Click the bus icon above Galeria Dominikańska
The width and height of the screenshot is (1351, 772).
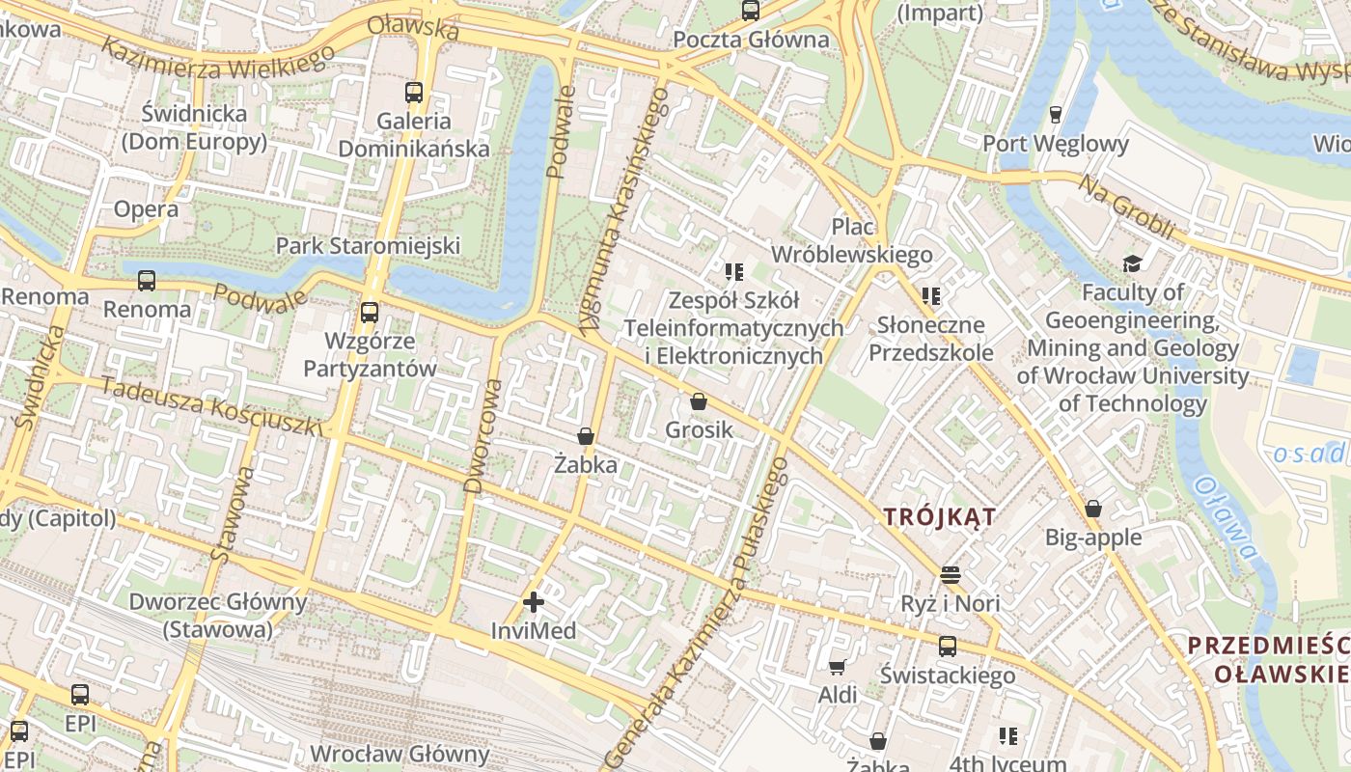414,93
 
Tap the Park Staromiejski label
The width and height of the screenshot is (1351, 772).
368,245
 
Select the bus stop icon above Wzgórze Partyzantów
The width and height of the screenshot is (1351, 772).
370,313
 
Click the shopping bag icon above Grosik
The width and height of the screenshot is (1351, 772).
699,401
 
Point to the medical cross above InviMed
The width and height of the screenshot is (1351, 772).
533,603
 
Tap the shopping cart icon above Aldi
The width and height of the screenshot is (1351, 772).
838,667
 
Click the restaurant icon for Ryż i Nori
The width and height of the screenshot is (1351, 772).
951,575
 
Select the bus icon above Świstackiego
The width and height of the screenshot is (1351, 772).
948,647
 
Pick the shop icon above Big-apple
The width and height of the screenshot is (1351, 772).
1093,509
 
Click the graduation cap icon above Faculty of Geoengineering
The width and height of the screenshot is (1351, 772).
1132,263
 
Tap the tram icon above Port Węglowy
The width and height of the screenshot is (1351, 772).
1055,115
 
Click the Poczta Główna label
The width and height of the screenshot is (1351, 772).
751,40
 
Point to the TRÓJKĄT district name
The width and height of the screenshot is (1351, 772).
940,517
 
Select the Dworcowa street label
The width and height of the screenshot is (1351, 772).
482,435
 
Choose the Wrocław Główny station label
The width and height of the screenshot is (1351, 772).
400,754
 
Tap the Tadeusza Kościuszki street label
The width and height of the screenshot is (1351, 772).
212,405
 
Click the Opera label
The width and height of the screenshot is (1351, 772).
146,208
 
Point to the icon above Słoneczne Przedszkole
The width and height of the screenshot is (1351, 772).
930,295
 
